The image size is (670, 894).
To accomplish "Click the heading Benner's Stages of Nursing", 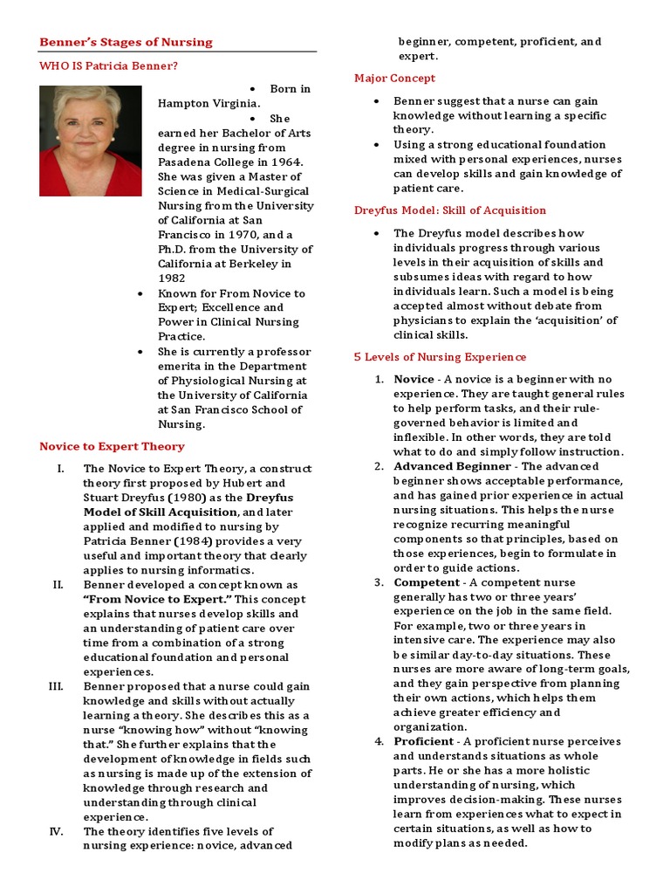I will point(126,42).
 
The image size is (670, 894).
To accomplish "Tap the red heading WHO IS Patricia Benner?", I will point(109,65).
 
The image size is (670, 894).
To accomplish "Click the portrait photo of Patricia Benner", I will point(91,140).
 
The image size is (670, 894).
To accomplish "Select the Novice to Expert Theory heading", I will point(112,446).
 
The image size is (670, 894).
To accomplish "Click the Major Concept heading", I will point(394,79).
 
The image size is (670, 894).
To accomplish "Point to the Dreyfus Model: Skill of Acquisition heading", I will point(449,210).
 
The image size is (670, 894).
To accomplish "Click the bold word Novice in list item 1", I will point(414,379).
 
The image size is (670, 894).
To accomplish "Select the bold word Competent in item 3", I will point(427,582).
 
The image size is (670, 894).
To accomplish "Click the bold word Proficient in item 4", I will point(424,741).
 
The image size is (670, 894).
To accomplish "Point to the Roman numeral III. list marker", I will point(57,686).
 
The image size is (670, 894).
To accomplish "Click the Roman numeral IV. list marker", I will point(57,831).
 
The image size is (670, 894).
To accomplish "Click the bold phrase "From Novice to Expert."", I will point(157,599).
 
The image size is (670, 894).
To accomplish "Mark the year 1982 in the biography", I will point(173,279).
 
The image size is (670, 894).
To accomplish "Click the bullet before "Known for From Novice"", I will point(140,293).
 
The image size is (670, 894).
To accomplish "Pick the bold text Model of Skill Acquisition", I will point(160,512).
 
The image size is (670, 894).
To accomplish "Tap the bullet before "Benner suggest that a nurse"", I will point(376,101).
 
